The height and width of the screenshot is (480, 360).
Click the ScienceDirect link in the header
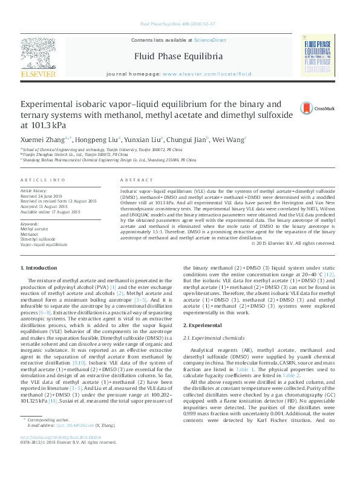210,40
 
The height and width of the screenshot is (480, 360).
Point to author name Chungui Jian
187,139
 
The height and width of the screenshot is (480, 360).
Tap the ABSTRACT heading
133,181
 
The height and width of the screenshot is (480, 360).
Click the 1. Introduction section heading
39,268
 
